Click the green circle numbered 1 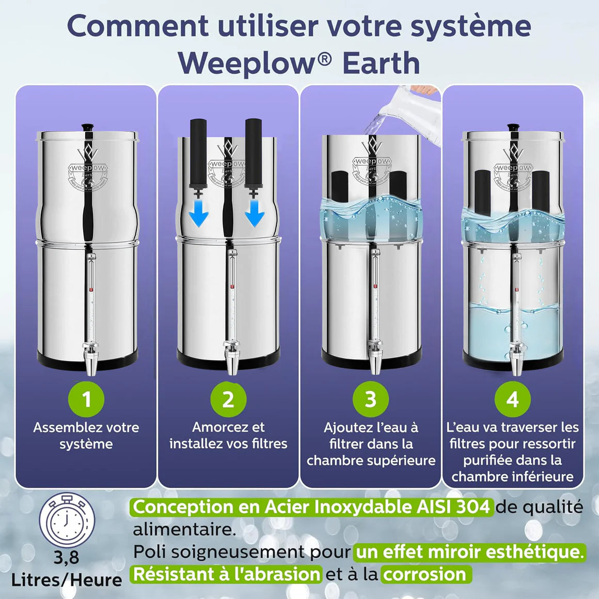[86, 399]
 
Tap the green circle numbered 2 [228, 399]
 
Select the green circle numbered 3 [371, 399]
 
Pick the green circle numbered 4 [513, 399]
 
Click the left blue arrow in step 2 [199, 213]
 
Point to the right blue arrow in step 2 [255, 213]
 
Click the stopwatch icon [67, 519]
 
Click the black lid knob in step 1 [87, 127]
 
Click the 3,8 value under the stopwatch [67, 557]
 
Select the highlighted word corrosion [424, 574]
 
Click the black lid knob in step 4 [513, 127]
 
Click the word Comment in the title [138, 26]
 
